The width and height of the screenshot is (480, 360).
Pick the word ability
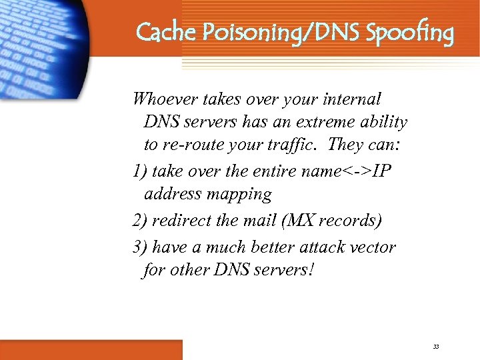point(383,123)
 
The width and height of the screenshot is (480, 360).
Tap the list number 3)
point(140,247)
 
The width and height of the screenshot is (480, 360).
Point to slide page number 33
point(436,347)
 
